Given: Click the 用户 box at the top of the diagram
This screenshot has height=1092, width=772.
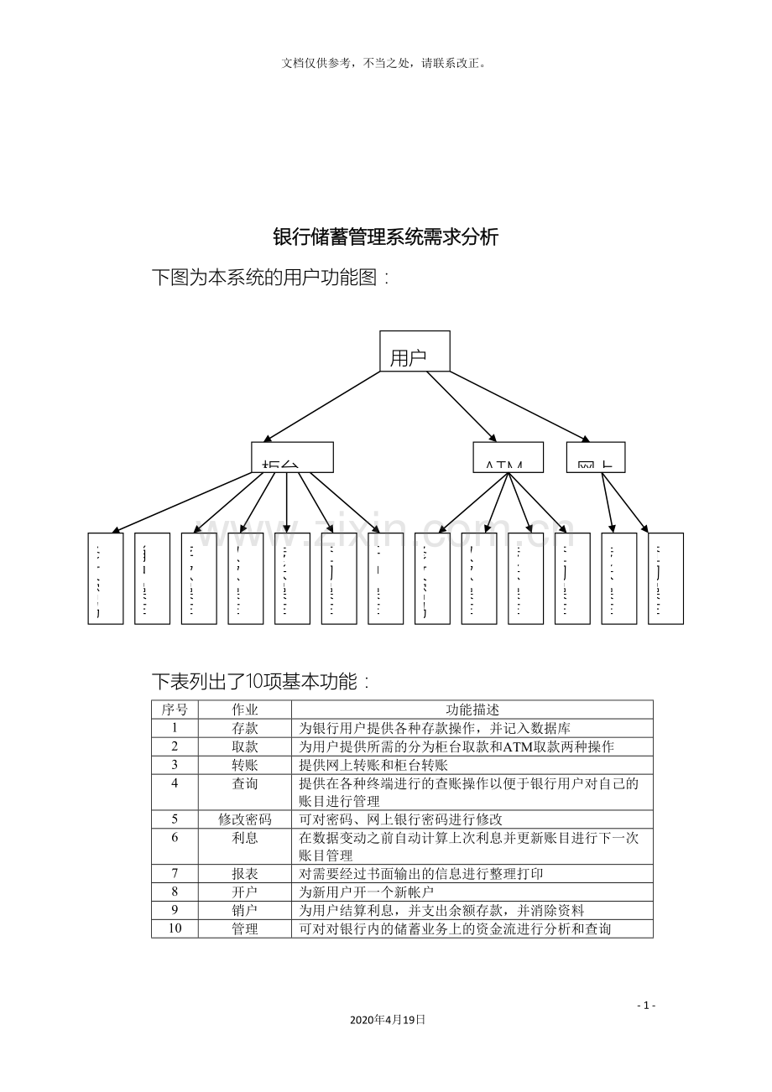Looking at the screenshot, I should pyautogui.click(x=415, y=351).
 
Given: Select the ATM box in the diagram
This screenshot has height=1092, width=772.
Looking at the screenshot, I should pyautogui.click(x=508, y=458).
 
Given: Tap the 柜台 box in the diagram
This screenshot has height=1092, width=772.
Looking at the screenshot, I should pyautogui.click(x=292, y=458).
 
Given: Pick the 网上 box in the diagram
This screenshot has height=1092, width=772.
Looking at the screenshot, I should pyautogui.click(x=595, y=458).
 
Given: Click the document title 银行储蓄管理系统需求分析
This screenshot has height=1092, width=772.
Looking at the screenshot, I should pyautogui.click(x=386, y=237).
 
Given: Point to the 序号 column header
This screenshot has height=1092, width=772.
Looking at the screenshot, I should pyautogui.click(x=175, y=710).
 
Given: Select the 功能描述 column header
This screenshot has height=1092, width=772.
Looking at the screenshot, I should pyautogui.click(x=472, y=710).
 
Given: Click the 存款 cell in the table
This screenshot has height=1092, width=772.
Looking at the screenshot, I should pyautogui.click(x=245, y=728).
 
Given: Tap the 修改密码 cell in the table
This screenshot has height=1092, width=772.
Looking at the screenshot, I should pyautogui.click(x=245, y=819).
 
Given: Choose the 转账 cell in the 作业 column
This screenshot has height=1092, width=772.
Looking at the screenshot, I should pyautogui.click(x=245, y=765).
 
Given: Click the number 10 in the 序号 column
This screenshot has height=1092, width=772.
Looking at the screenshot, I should pyautogui.click(x=175, y=928).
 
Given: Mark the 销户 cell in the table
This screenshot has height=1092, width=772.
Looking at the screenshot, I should pyautogui.click(x=245, y=910).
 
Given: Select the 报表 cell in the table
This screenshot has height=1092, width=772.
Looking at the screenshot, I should pyautogui.click(x=245, y=874).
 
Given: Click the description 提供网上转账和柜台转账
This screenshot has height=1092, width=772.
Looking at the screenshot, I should pyautogui.click(x=373, y=765).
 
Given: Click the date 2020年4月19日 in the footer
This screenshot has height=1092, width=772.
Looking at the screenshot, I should pyautogui.click(x=387, y=1020).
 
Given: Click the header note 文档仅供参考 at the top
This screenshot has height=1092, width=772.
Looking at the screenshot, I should pyautogui.click(x=385, y=63).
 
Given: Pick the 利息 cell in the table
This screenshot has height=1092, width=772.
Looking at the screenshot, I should pyautogui.click(x=245, y=838).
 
